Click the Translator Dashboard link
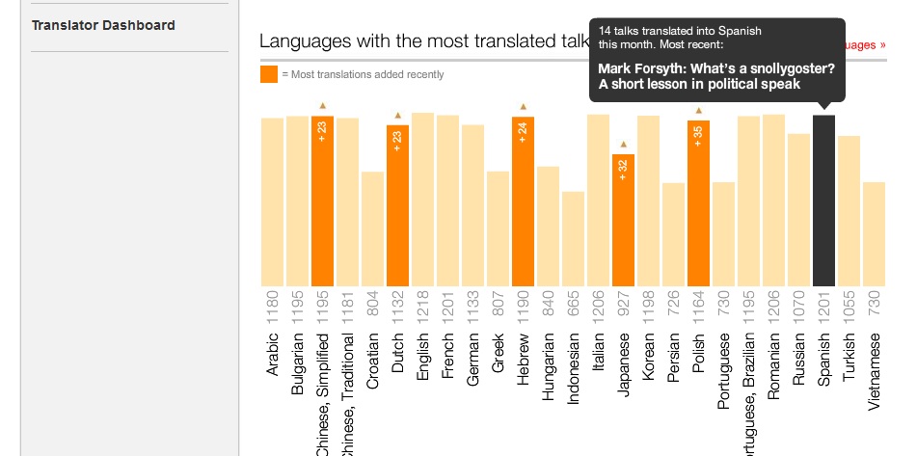click(103, 25)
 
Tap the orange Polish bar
click(698, 202)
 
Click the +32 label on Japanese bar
click(623, 169)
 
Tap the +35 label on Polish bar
click(698, 135)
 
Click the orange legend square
click(269, 74)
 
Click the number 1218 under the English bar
click(422, 301)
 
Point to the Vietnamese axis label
click(874, 372)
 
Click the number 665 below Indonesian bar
click(573, 301)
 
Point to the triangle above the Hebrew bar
click(523, 106)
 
